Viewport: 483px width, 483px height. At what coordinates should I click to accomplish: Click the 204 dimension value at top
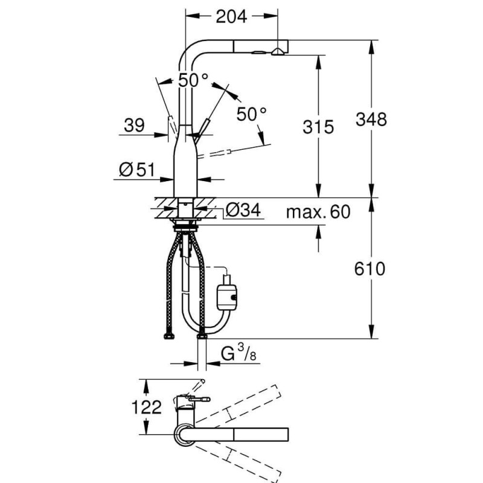pyautogui.click(x=231, y=17)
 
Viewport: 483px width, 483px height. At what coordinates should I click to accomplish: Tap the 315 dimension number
pyautogui.click(x=318, y=127)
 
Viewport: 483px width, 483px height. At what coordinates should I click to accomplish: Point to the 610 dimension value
pyautogui.click(x=369, y=268)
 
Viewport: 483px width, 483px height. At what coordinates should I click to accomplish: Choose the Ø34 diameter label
pyautogui.click(x=243, y=210)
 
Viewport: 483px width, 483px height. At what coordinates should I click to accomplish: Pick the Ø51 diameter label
pyautogui.click(x=138, y=170)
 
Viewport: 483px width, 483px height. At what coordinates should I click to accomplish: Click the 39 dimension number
pyautogui.click(x=134, y=126)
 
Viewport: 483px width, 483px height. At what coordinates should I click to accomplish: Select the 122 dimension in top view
pyautogui.click(x=146, y=407)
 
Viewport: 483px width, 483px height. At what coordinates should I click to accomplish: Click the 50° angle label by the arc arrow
pyautogui.click(x=252, y=113)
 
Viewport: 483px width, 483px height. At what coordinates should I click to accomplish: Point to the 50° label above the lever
pyautogui.click(x=193, y=80)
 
